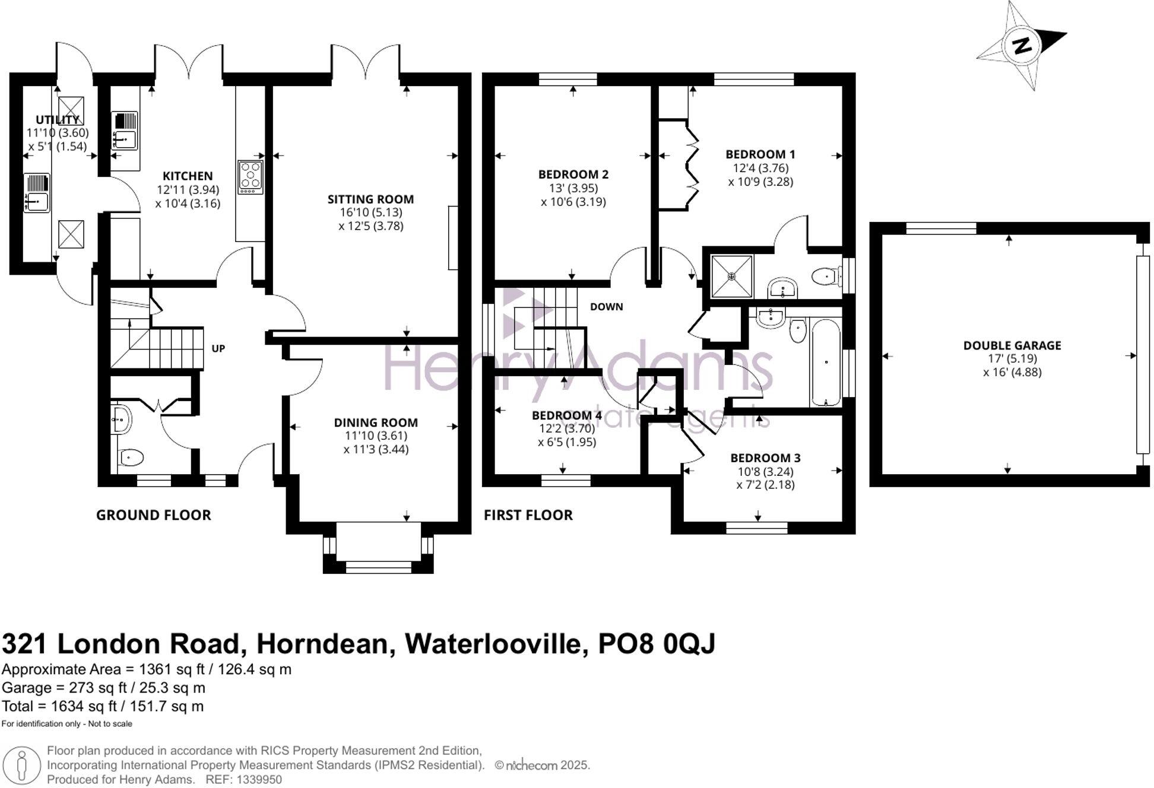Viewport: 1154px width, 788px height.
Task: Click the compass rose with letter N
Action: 1022,46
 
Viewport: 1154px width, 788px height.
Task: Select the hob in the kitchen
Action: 251,177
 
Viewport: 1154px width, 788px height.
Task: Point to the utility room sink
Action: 37,193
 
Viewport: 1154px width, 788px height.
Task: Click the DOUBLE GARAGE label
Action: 1012,345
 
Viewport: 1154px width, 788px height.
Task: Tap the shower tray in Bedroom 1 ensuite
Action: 732,277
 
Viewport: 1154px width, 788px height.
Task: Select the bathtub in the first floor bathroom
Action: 826,362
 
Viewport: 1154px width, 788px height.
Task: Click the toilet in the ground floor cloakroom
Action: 131,457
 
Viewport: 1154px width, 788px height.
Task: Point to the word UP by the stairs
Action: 218,349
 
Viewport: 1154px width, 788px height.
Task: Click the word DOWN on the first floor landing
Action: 606,307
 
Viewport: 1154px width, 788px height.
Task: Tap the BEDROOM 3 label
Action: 765,458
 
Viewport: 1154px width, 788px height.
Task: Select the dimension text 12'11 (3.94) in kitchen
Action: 188,190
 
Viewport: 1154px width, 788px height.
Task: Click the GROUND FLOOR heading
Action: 154,515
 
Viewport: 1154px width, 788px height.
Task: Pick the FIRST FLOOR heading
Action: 528,515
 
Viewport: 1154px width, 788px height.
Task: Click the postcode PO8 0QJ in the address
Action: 657,644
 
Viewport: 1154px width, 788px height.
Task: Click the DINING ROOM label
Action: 376,422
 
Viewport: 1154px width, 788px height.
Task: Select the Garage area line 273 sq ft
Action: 103,688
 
